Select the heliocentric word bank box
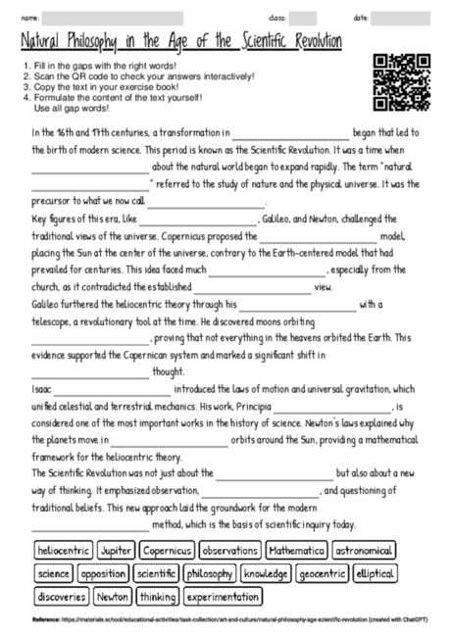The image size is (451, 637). tap(63, 551)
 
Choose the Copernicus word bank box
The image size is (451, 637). tap(166, 551)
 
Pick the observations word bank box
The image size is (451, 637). tap(229, 551)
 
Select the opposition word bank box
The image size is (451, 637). tap(104, 573)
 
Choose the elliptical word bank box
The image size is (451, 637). tap(376, 573)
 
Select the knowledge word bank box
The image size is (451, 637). tap(265, 573)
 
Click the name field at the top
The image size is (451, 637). tap(113, 18)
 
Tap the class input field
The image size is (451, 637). tap(302, 18)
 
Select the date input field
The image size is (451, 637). tap(400, 18)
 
